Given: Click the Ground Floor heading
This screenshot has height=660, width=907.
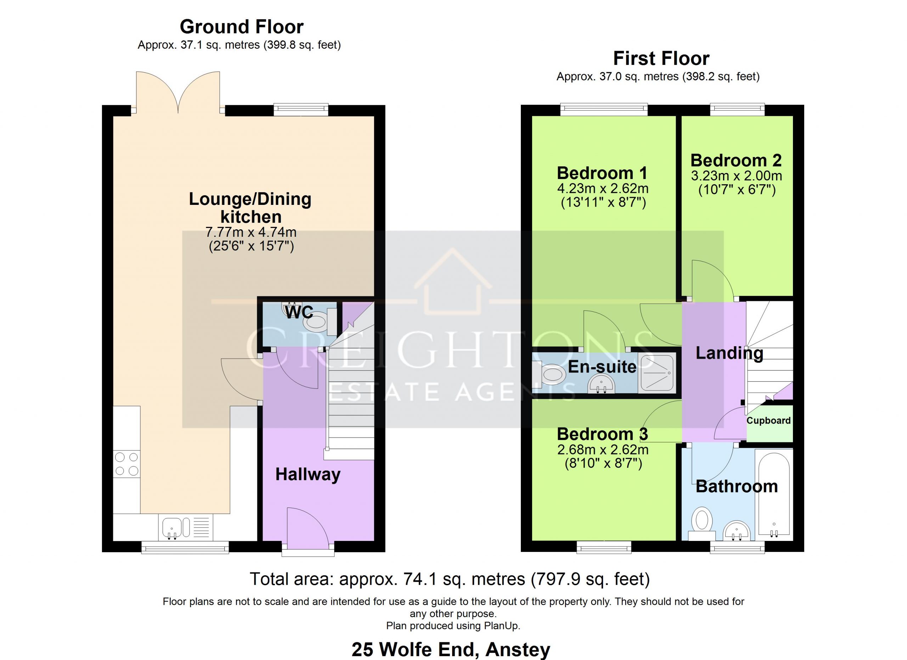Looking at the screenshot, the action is (x=242, y=27).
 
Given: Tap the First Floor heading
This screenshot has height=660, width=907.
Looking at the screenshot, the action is (x=661, y=58).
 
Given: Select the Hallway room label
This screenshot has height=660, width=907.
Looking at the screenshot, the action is (x=308, y=475).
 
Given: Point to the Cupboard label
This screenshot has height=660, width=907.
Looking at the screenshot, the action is (x=768, y=421).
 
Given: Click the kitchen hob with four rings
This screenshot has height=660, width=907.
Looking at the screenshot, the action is (x=127, y=464).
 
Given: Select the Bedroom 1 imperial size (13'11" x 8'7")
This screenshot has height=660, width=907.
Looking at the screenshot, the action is (x=603, y=202).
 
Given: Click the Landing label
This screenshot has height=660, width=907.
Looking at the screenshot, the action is (x=729, y=353).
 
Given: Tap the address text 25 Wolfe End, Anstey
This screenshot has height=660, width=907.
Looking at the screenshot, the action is (x=451, y=650).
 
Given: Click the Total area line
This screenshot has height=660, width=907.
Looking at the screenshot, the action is (x=450, y=579).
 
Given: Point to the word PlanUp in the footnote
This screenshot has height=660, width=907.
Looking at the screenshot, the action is (x=501, y=626).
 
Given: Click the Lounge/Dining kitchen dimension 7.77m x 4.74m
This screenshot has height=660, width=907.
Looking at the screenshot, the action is (x=251, y=232).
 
